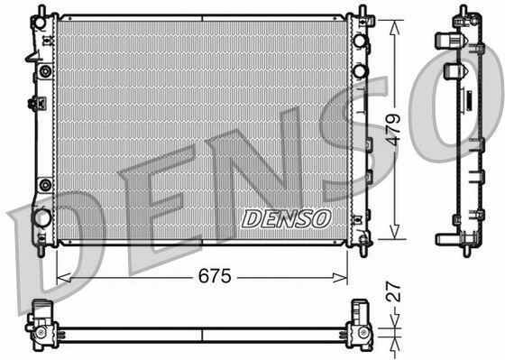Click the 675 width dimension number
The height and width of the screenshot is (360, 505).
pos(215,276)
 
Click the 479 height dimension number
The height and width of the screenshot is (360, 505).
pos(393,130)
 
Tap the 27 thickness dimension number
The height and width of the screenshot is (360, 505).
pos(393,291)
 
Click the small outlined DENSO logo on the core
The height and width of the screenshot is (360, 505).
pos(287,218)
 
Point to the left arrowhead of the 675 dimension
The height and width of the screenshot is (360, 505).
pos(63,277)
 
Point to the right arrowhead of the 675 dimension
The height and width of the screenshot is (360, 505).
pos(341,277)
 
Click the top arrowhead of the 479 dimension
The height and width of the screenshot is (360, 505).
pos(395,27)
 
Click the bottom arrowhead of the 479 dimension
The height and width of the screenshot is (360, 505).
pos(395,232)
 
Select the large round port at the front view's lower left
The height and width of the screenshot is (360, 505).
pos(41,217)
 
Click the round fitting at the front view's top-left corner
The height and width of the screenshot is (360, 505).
pos(41,23)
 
